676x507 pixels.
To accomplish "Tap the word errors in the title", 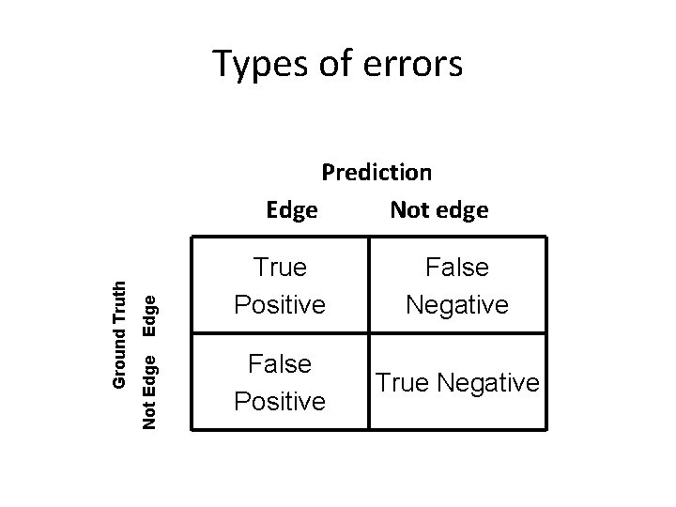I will tap(409, 65).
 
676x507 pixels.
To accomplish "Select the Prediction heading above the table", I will tap(376, 173).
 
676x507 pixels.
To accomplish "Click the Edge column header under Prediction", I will tap(291, 210).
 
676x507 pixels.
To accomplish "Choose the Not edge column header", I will tap(438, 210).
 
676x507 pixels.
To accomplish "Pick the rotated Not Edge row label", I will tap(149, 389).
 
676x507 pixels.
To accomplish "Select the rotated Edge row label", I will tap(149, 314).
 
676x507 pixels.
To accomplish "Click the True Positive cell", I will tap(280, 286).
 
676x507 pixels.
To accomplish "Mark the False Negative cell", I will tap(457, 286).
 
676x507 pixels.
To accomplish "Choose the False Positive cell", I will tap(280, 382).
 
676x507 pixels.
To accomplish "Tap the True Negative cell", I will tap(457, 382).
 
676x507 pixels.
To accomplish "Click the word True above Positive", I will tap(280, 268).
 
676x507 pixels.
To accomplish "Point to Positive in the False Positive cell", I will tap(280, 402).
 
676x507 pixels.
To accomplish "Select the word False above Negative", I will tap(457, 268).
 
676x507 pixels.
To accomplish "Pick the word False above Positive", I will tap(280, 363).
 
